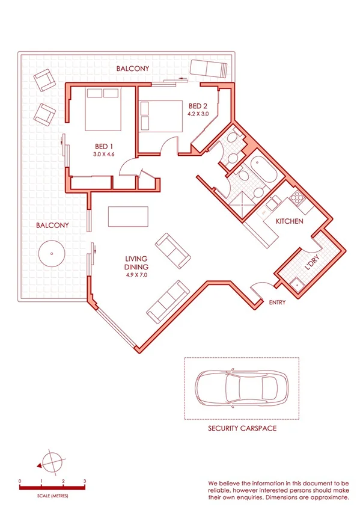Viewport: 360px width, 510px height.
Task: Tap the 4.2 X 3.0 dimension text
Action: pos(198,112)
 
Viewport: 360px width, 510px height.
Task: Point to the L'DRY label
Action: pos(312,262)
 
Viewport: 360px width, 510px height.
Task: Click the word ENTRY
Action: pos(277,303)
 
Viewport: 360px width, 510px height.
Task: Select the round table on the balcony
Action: pos(52,253)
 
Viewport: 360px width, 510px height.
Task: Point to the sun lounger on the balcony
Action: pos(209,69)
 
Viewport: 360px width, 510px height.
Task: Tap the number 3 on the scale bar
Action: pos(85,482)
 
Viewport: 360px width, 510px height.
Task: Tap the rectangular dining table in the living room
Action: pos(127,215)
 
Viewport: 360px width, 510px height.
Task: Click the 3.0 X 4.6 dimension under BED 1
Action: pos(103,155)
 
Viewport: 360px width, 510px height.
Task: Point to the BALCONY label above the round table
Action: pos(52,226)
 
